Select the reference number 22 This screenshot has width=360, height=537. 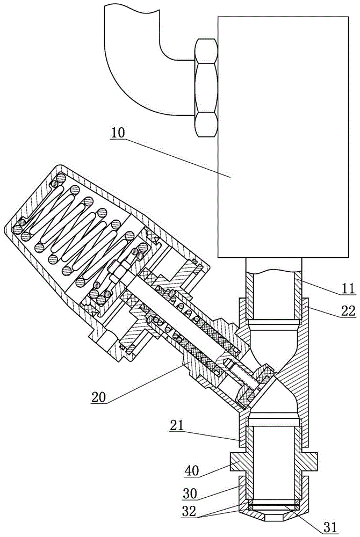point(348,312)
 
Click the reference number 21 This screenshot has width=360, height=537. point(177,427)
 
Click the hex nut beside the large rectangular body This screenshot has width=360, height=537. point(205,88)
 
